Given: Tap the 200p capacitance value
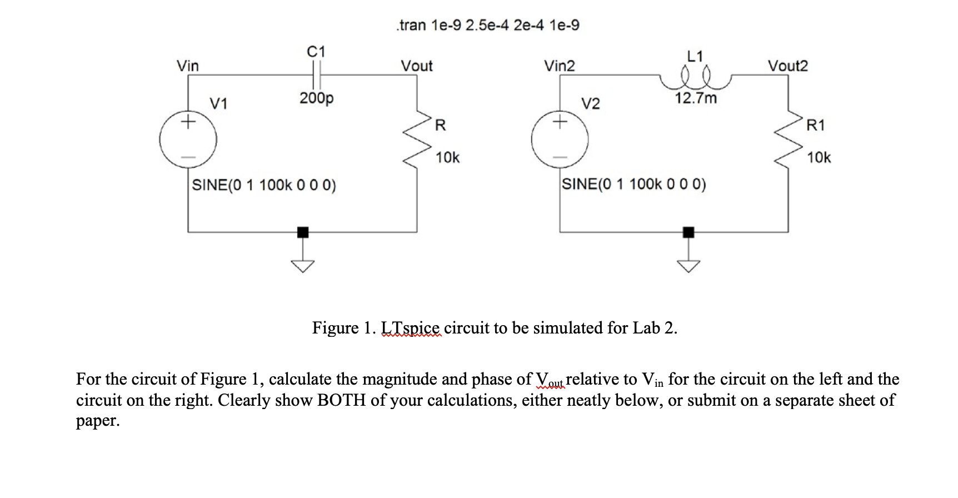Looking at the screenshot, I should (x=316, y=98).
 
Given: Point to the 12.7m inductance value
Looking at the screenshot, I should (x=696, y=98).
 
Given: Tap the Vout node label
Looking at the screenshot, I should (x=417, y=66).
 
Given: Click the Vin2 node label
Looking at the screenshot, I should (x=560, y=66).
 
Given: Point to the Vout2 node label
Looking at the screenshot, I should (x=787, y=66).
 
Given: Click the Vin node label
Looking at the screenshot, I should (x=187, y=66).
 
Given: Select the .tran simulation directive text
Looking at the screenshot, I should (x=487, y=25).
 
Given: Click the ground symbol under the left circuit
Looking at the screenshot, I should (x=302, y=265).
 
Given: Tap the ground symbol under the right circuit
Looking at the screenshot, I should (x=688, y=265).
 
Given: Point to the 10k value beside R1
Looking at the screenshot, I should (x=819, y=158).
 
